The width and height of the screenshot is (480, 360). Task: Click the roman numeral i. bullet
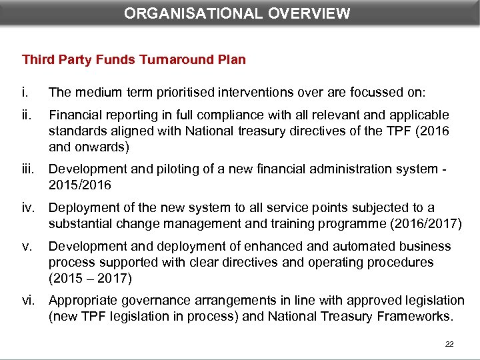pyautogui.click(x=25, y=91)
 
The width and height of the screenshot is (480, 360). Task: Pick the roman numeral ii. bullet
pyautogui.click(x=27, y=115)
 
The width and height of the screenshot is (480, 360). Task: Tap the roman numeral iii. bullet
pyautogui.click(x=29, y=169)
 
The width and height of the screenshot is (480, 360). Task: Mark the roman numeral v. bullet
pyautogui.click(x=27, y=247)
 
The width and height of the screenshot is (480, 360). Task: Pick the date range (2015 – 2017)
pyautogui.click(x=91, y=277)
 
